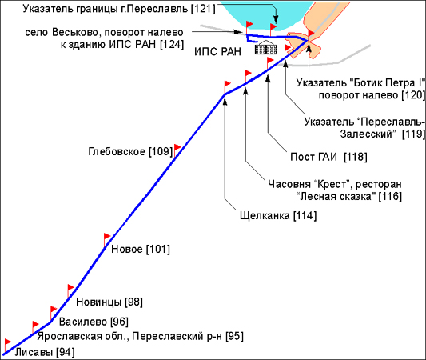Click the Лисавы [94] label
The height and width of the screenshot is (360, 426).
[45, 352]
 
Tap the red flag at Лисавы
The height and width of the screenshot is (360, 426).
[8, 342]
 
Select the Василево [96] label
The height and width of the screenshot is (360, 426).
[94, 322]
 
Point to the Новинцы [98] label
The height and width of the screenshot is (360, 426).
[109, 302]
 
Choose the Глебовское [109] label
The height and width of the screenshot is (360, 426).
[131, 151]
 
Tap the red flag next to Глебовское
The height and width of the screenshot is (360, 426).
[177, 148]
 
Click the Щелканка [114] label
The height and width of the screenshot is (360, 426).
[278, 216]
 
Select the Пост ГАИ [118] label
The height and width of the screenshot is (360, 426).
[328, 157]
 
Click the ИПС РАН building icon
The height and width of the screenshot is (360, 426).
[266, 48]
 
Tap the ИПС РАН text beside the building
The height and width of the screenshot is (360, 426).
[217, 51]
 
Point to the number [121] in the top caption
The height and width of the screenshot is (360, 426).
[203, 9]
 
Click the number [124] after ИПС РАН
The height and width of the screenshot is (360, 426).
[172, 44]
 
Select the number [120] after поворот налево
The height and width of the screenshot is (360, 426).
[413, 95]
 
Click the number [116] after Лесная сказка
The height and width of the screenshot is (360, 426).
[390, 196]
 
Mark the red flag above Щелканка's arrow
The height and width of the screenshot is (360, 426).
[227, 84]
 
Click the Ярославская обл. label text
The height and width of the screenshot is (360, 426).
[83, 336]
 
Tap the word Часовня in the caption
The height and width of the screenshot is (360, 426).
[289, 184]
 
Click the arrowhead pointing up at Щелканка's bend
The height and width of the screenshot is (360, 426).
[225, 101]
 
